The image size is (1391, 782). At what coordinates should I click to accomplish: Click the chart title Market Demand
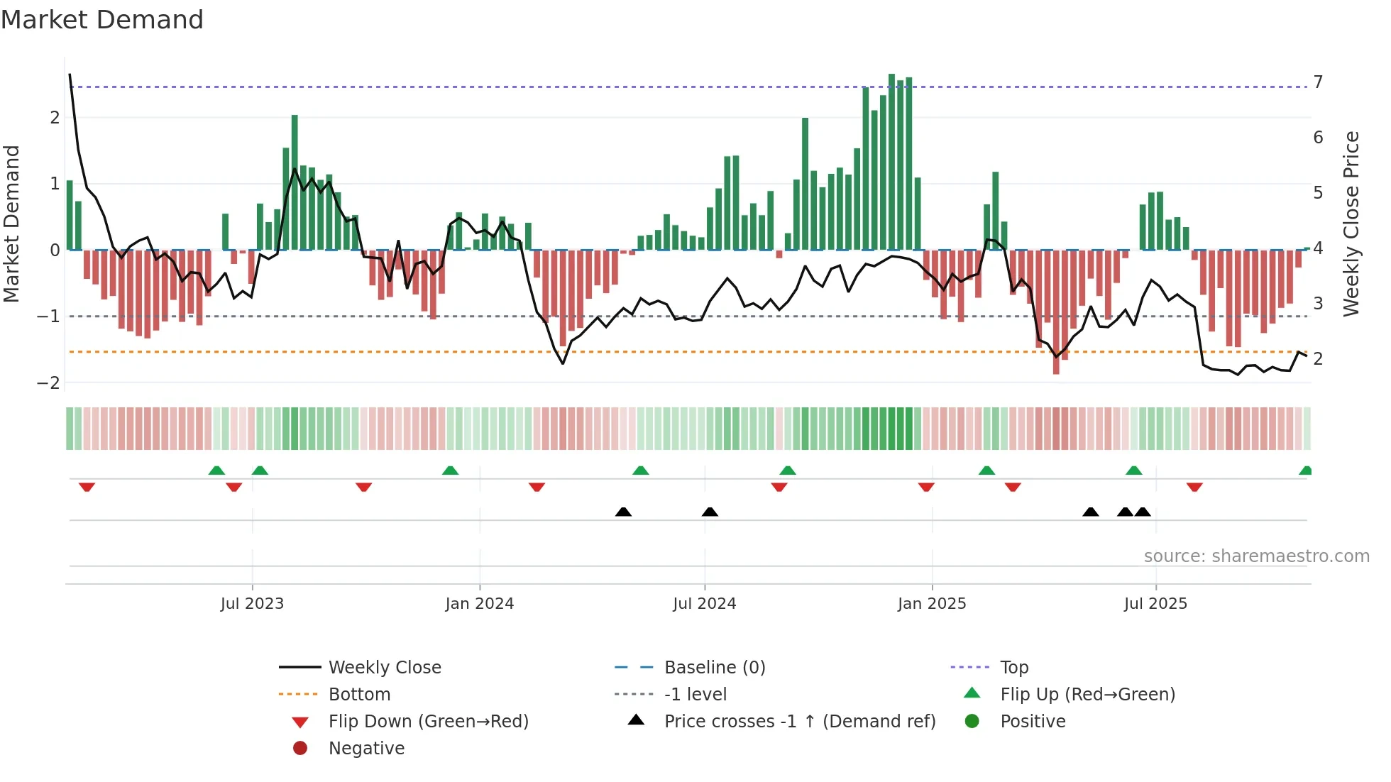pos(102,20)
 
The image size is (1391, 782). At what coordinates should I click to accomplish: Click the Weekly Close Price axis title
pos(1351,224)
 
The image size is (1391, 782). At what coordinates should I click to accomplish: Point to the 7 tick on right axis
pos(1318,82)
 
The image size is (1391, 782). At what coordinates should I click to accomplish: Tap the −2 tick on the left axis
pos(48,383)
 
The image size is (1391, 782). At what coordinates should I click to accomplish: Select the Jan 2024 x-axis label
pos(479,604)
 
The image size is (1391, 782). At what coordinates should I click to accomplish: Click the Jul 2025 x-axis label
pos(1155,604)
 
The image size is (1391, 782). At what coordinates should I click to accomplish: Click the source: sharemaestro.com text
pos(1256,556)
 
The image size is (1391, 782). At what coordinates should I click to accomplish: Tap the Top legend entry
pos(1014,668)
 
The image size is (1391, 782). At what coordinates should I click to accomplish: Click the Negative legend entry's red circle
pos(300,749)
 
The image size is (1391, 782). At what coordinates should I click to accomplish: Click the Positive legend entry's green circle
pos(972,722)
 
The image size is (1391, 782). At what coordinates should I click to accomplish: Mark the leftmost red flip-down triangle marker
pos(87,488)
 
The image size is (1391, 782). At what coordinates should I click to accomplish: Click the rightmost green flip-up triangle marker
pos(1305,470)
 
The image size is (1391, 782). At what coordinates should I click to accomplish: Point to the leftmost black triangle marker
pos(623,512)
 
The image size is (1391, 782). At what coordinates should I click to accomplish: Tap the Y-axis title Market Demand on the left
pos(11,224)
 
